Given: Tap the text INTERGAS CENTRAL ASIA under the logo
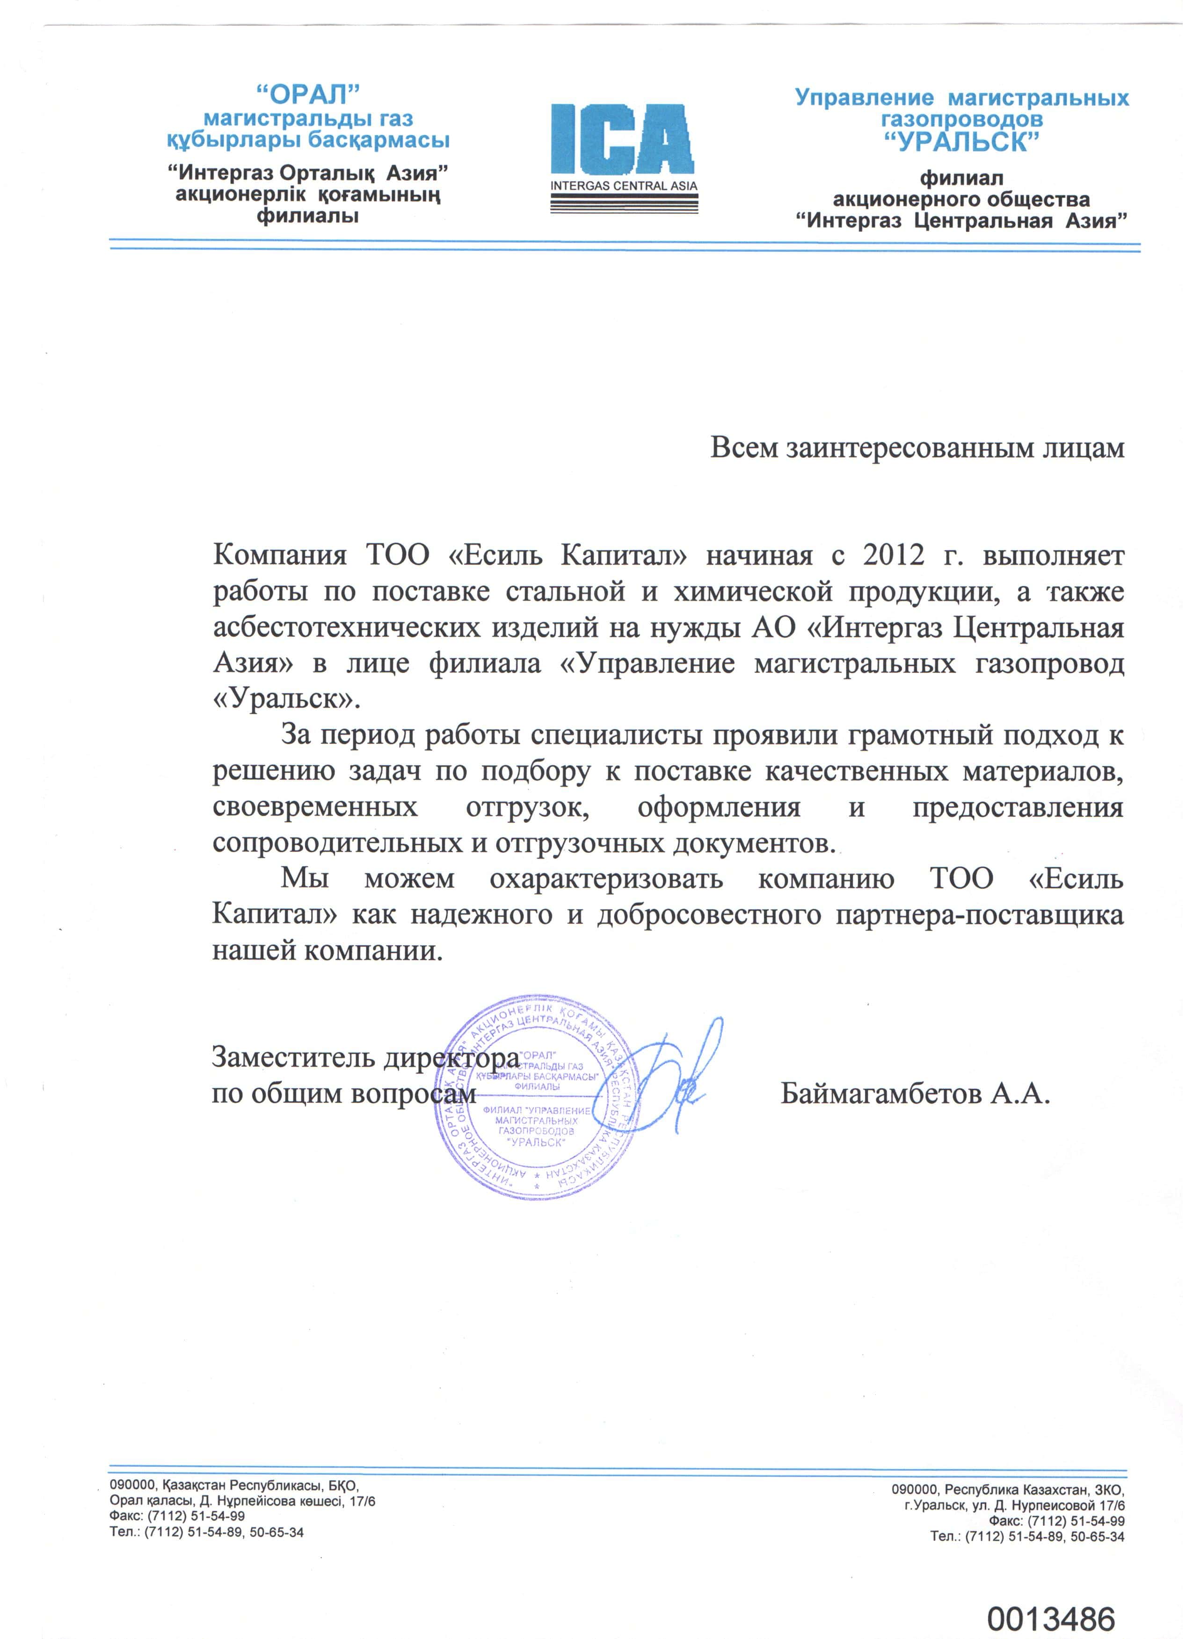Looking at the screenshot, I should pos(623,186).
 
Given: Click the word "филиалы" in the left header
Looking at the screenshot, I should pos(308,216).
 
